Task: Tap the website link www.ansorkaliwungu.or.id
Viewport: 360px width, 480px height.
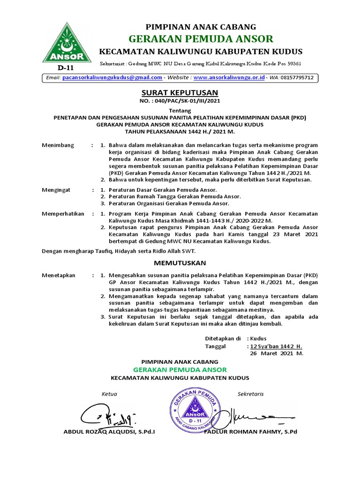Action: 229,77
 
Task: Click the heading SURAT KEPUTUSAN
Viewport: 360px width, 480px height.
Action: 180,93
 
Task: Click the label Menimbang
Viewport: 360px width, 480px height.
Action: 58,145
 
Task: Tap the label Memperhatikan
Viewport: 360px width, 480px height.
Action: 63,214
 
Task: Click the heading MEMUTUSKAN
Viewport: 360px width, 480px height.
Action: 180,263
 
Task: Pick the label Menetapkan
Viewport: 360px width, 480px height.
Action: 59,275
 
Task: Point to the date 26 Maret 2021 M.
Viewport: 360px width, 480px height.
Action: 277,353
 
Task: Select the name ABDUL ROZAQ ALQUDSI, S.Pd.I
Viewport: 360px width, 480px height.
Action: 109,431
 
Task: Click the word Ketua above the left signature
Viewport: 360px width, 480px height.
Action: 109,394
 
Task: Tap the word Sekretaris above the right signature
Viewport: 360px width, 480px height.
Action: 250,394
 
